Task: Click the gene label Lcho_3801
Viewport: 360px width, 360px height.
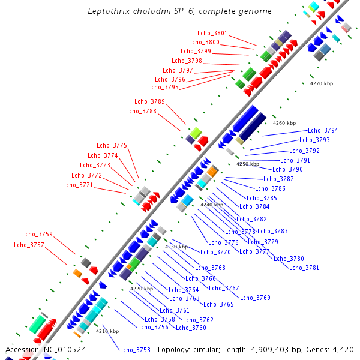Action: [x=212, y=33]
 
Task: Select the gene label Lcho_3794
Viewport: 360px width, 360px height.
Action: [x=323, y=130]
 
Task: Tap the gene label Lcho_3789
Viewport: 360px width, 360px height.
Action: [x=149, y=102]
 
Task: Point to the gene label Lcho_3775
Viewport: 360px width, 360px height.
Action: [x=112, y=145]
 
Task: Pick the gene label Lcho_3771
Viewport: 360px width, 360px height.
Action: [x=78, y=185]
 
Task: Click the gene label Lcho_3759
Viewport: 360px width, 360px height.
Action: [x=37, y=234]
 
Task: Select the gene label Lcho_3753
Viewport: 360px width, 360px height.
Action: [x=135, y=350]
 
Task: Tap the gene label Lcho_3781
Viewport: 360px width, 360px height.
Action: [x=304, y=268]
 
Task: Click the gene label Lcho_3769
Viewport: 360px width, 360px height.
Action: [x=255, y=298]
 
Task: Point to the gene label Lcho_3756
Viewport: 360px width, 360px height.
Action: [x=153, y=327]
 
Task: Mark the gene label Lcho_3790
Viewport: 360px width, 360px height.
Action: [x=287, y=169]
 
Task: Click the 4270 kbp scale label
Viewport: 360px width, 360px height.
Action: [x=321, y=83]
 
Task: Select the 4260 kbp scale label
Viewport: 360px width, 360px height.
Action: [x=284, y=123]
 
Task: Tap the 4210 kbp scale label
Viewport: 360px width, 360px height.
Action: [x=107, y=331]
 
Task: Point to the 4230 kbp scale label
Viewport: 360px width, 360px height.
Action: [x=176, y=247]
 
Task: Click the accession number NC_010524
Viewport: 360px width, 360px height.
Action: [x=65, y=349]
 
